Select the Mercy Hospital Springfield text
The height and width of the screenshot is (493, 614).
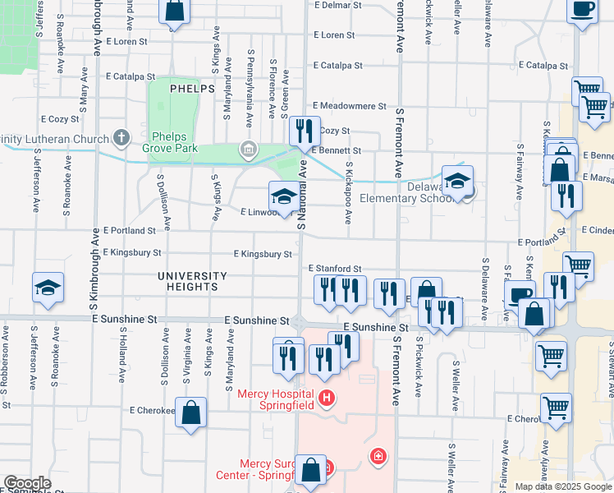click(277, 399)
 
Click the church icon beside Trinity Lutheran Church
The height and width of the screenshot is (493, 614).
click(121, 137)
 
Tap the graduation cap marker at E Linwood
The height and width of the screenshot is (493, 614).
click(284, 196)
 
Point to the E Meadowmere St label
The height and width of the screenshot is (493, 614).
click(350, 106)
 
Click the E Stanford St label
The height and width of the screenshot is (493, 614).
click(335, 269)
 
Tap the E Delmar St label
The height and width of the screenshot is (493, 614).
click(338, 5)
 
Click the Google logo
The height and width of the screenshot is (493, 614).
click(27, 483)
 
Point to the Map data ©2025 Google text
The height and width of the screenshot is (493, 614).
click(563, 486)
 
